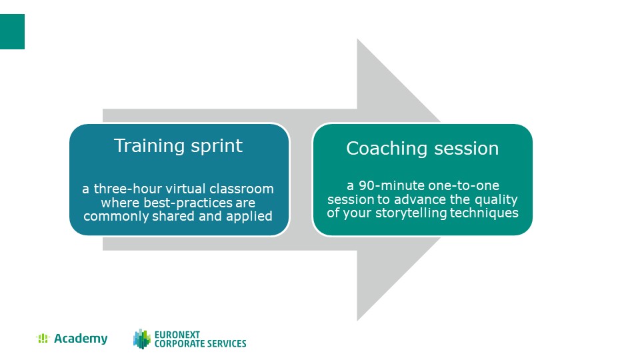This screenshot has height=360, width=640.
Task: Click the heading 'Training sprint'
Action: [178, 146]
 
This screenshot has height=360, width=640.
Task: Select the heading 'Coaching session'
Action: [423, 148]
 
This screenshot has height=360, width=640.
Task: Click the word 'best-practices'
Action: [188, 203]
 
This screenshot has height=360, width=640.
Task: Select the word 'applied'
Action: [249, 216]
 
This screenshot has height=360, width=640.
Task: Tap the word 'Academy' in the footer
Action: [81, 339]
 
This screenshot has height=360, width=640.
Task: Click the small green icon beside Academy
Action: [43, 339]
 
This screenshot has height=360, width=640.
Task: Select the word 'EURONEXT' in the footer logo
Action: [177, 335]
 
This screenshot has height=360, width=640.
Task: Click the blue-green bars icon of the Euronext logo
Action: [142, 339]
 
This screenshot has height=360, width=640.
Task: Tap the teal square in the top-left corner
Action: [12, 31]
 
